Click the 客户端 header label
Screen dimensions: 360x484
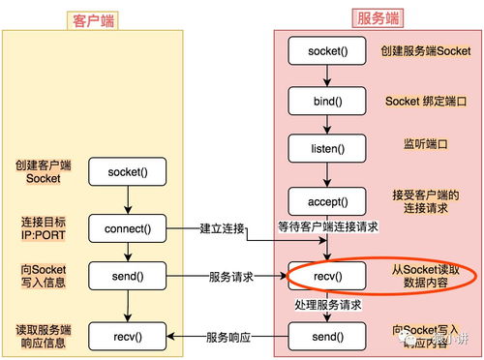tap(92, 19)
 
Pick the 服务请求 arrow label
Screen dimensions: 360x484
tap(232, 276)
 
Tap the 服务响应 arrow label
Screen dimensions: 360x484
tap(229, 337)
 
